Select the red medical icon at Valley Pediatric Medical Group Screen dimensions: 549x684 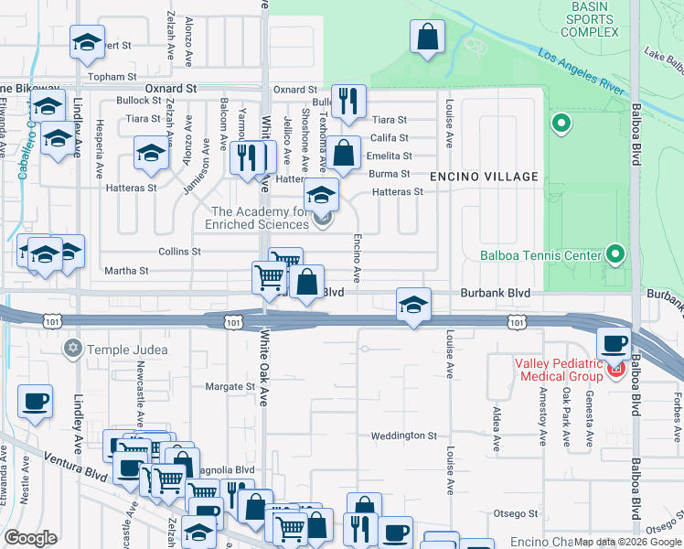click(615, 371)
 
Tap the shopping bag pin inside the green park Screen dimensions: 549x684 click(427, 38)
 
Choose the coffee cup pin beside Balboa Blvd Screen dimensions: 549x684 click(613, 344)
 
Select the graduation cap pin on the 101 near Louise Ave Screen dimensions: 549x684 click(413, 305)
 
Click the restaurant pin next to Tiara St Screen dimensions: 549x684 click(347, 101)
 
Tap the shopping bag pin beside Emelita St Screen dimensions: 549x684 click(344, 153)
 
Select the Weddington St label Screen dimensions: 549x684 click(404, 436)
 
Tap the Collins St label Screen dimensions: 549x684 click(179, 252)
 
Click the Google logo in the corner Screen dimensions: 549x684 click(31, 538)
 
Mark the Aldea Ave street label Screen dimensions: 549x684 click(497, 430)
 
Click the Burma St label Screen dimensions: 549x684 click(389, 173)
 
